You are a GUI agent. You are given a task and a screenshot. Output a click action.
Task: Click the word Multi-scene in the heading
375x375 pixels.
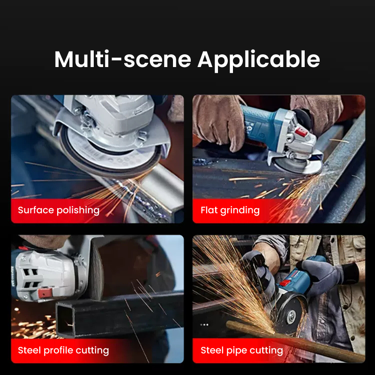click(x=123, y=59)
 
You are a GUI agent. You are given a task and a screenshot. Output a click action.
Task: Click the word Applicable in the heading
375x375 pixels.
click(x=259, y=61)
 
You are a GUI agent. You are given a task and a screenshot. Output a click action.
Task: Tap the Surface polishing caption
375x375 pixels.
click(x=59, y=210)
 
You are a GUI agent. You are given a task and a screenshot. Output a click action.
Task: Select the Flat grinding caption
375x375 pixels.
click(x=230, y=210)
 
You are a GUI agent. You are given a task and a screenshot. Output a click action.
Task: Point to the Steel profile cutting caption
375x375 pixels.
click(x=63, y=350)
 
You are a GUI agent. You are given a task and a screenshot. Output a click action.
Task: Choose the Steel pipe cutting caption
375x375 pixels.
click(x=242, y=350)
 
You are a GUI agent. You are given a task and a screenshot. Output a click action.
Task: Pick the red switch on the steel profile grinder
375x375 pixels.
click(x=45, y=293)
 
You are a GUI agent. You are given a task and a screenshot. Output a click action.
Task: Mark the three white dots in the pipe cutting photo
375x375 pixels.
click(x=204, y=324)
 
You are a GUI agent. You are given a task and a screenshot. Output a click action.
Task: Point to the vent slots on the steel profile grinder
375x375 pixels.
click(x=30, y=278)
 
